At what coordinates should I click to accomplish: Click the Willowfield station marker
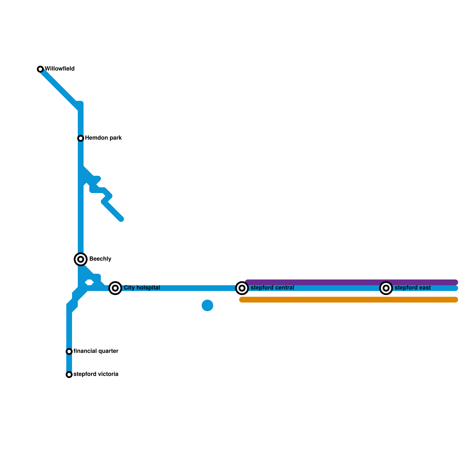pyautogui.click(x=40, y=69)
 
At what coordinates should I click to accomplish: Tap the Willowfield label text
pyautogui.click(x=60, y=69)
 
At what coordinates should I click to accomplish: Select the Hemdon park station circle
pyautogui.click(x=81, y=138)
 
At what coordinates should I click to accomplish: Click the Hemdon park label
pyautogui.click(x=103, y=138)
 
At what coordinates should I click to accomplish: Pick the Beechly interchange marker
pyautogui.click(x=81, y=259)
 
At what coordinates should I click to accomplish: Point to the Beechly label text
pyautogui.click(x=100, y=259)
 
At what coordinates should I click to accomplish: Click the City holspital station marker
pyautogui.click(x=115, y=288)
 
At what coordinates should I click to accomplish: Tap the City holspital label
pyautogui.click(x=142, y=288)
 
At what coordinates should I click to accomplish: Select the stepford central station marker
pyautogui.click(x=242, y=288)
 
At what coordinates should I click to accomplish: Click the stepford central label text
pyautogui.click(x=272, y=288)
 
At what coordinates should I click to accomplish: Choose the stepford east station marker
pyautogui.click(x=386, y=288)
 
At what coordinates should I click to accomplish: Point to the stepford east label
pyautogui.click(x=413, y=288)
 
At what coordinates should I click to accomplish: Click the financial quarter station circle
pyautogui.click(x=69, y=352)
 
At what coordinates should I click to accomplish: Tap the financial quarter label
pyautogui.click(x=96, y=351)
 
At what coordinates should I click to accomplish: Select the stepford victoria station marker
pyautogui.click(x=69, y=375)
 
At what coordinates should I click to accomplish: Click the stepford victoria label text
pyautogui.click(x=96, y=374)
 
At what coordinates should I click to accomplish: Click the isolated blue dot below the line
pyautogui.click(x=207, y=305)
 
